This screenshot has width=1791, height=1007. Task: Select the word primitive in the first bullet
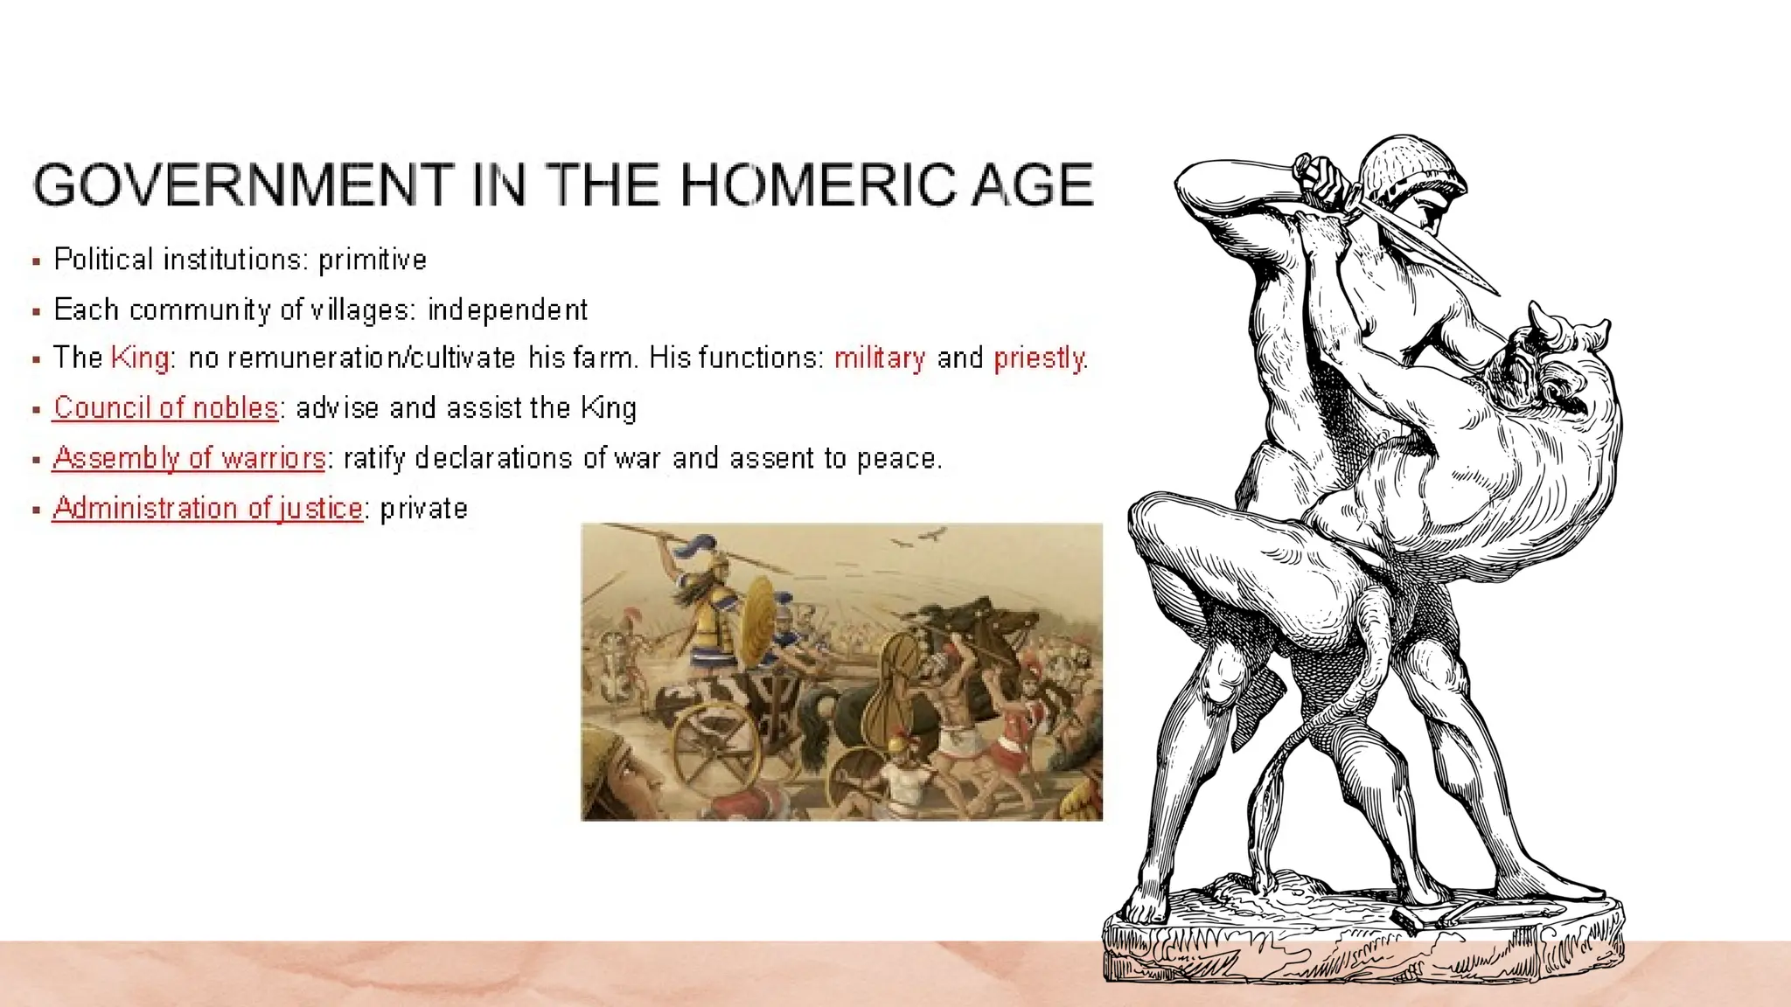[373, 260]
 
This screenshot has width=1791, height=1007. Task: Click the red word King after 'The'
[140, 358]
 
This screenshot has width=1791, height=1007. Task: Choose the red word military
[879, 358]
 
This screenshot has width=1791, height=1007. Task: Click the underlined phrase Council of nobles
[165, 407]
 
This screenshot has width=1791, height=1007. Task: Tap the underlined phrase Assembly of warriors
[189, 458]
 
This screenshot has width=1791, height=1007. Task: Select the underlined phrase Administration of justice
[207, 508]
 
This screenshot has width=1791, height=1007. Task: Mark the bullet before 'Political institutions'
[36, 261]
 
